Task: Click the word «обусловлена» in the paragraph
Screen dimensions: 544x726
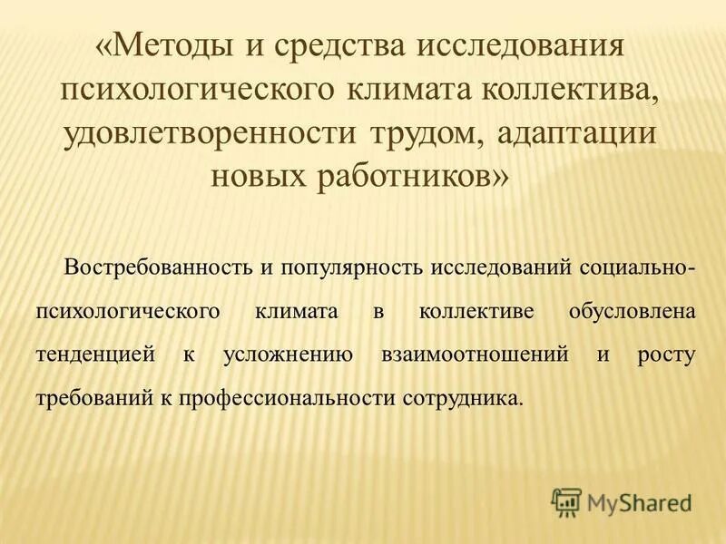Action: point(632,311)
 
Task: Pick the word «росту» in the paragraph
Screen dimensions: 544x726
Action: point(668,354)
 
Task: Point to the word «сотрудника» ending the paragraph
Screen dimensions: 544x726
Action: point(471,397)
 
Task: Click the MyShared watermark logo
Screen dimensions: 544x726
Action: point(621,501)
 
